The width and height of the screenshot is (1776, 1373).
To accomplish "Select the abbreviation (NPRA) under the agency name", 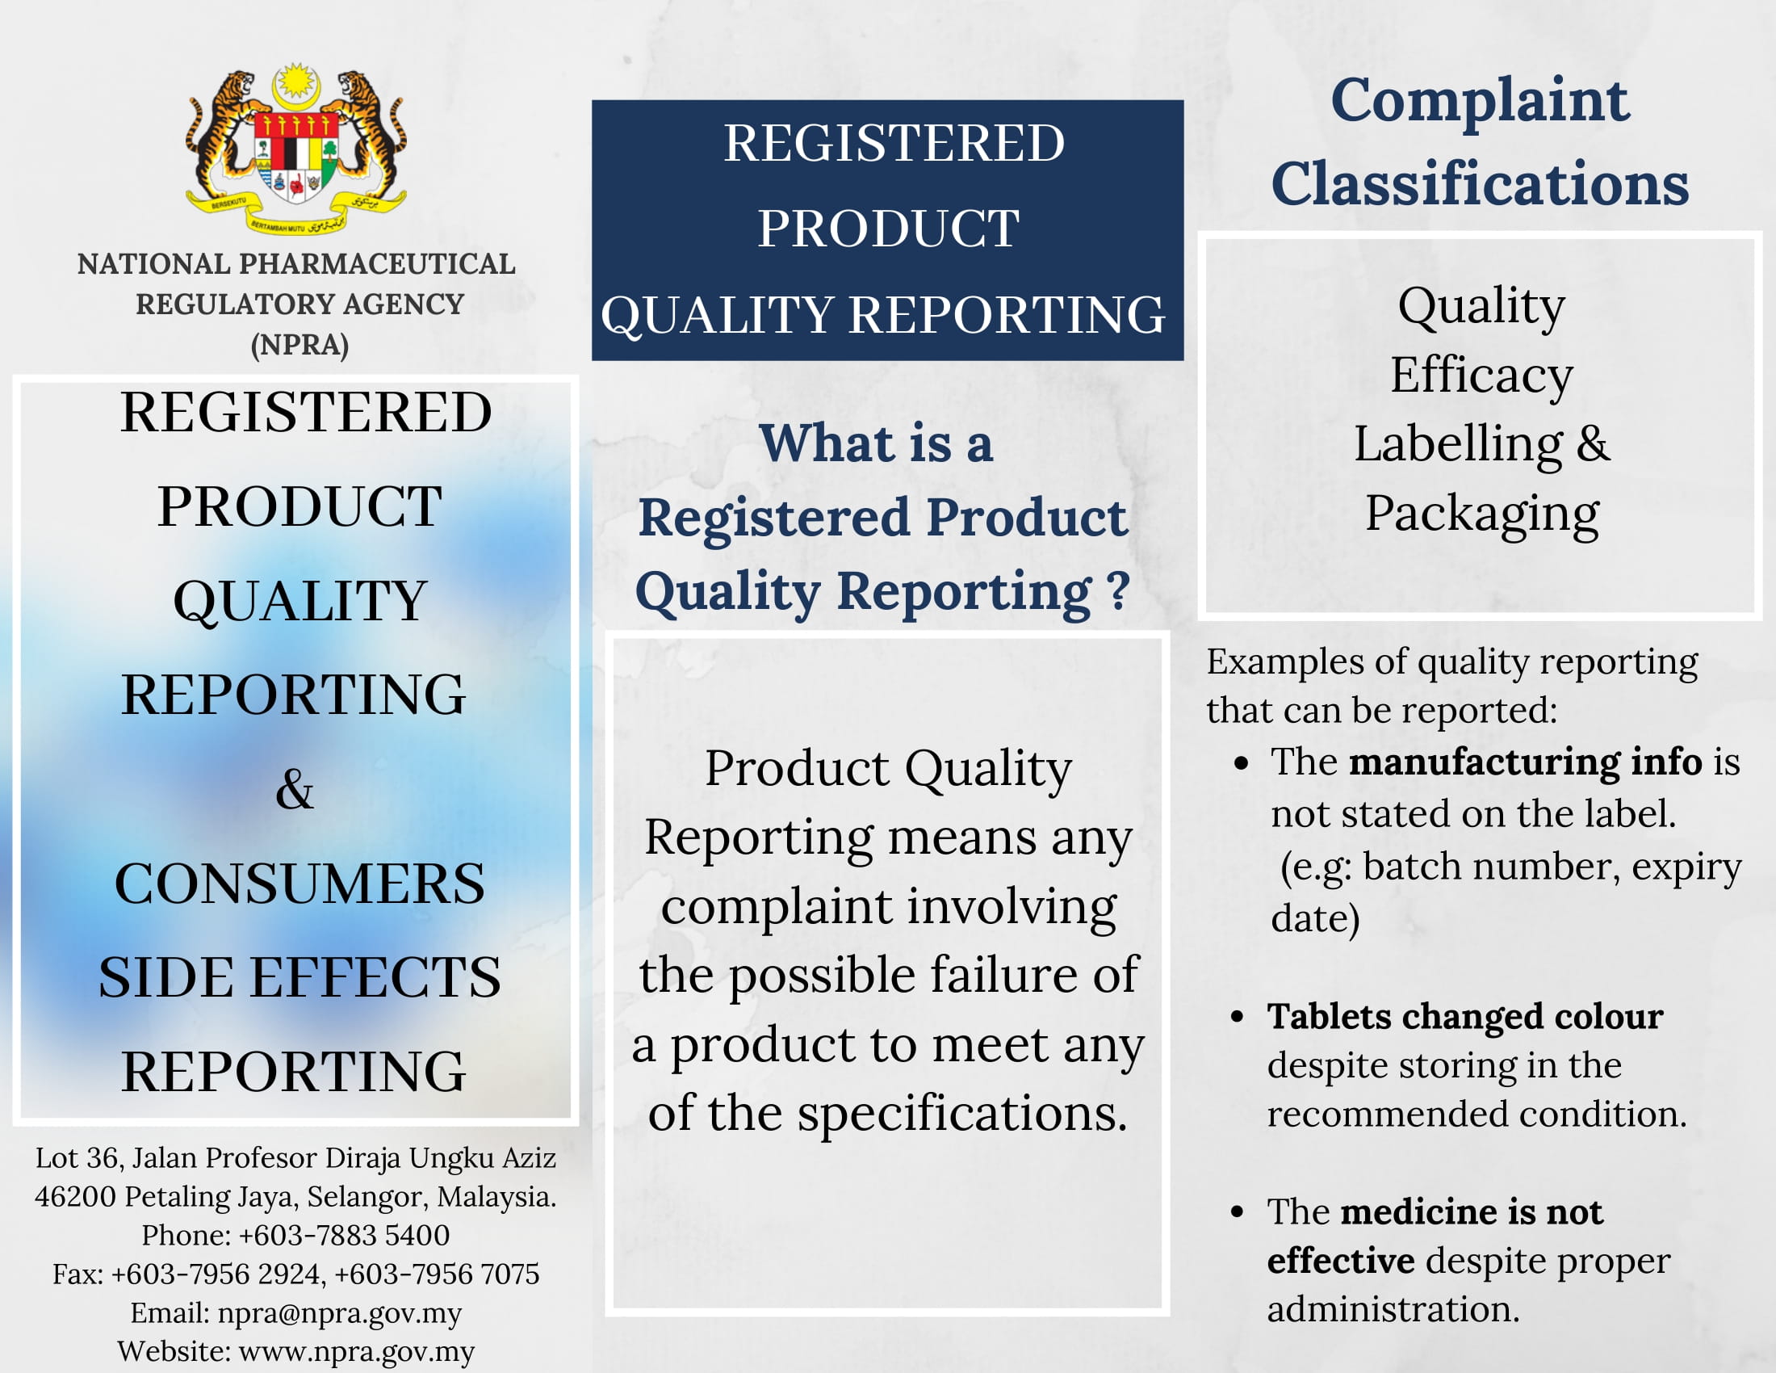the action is [x=300, y=345].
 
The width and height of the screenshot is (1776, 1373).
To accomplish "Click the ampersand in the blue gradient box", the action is [x=295, y=789].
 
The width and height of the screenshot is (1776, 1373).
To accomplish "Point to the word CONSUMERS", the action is [x=299, y=884].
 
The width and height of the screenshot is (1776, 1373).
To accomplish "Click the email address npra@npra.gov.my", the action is [x=340, y=1312].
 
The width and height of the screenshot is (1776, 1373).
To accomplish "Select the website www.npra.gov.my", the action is [x=356, y=1352].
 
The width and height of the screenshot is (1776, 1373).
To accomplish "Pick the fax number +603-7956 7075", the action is [x=437, y=1274].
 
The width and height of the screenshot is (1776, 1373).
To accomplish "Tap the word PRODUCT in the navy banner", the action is [x=889, y=229].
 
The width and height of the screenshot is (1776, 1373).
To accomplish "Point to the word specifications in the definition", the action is [x=962, y=1115].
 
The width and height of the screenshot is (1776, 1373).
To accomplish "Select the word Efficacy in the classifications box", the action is [x=1481, y=376].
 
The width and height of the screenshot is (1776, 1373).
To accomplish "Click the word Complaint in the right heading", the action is [x=1480, y=103].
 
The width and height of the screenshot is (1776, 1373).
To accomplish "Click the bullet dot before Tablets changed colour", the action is [x=1238, y=1017].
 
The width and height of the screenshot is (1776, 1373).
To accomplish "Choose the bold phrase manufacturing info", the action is [x=1526, y=762].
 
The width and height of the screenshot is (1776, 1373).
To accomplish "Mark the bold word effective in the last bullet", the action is [x=1341, y=1261].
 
